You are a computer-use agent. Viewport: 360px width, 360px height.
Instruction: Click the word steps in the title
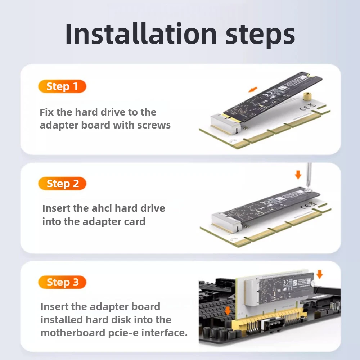(260, 35)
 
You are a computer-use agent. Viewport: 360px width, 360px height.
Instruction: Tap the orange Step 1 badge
(62, 86)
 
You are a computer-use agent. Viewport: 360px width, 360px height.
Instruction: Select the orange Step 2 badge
(62, 184)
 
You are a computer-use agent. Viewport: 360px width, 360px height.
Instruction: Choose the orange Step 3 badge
(62, 282)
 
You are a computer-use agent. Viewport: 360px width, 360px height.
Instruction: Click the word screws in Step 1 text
(154, 125)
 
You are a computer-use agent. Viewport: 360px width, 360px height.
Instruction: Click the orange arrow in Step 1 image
(254, 89)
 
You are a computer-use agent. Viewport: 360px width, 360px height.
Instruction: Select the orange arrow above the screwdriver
(298, 175)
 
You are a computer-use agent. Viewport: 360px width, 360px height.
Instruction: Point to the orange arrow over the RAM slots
(227, 310)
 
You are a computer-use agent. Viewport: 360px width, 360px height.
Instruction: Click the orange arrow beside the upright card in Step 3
(319, 274)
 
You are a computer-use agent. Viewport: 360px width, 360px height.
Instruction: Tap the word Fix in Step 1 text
(46, 112)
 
